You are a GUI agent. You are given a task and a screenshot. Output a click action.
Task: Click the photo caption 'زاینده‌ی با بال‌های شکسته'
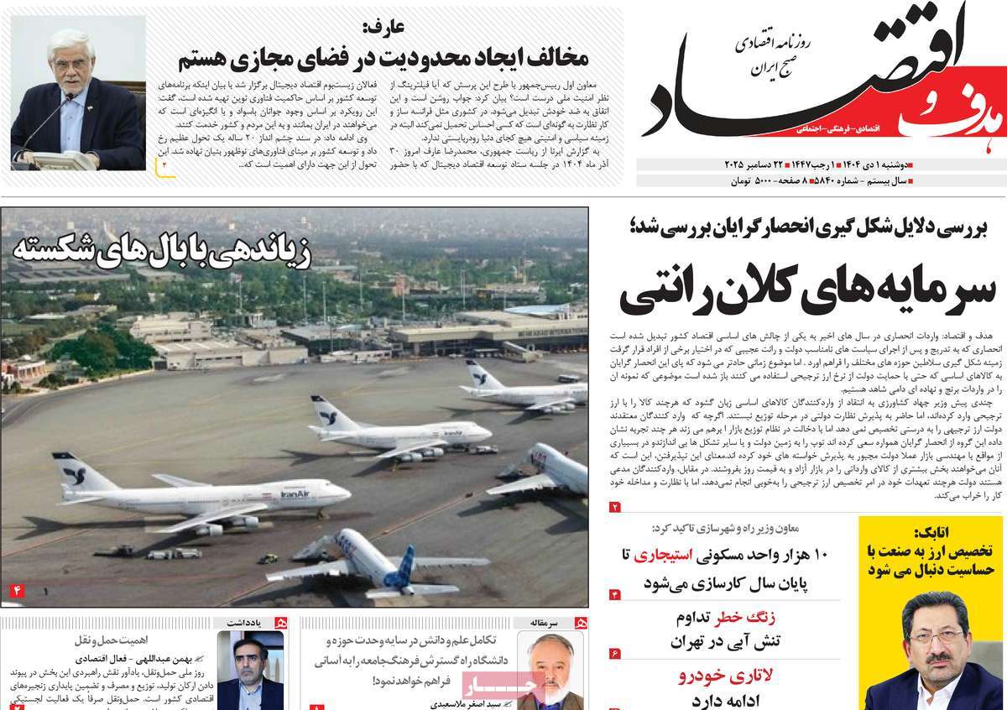(161, 253)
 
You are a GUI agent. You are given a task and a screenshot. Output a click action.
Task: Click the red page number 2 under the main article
(614, 506)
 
